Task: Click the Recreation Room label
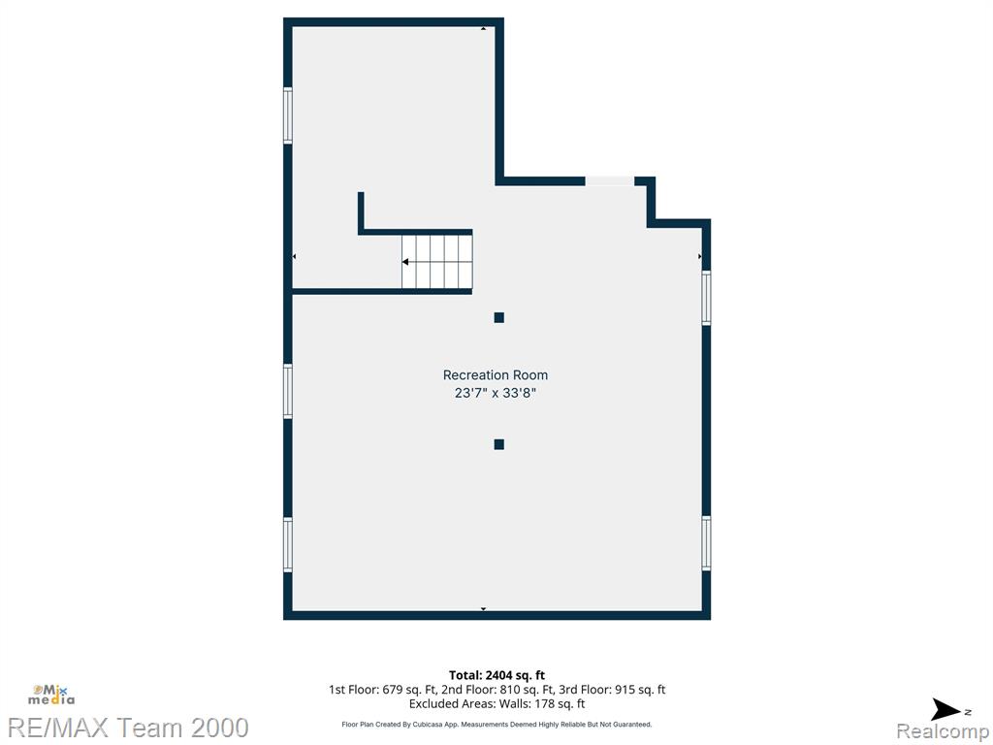click(x=496, y=375)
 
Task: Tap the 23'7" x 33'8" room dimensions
click(x=496, y=393)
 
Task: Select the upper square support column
click(x=499, y=317)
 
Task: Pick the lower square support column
click(x=499, y=444)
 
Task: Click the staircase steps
click(x=437, y=262)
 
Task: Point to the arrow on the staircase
click(x=405, y=262)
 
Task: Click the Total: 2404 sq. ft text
click(x=496, y=675)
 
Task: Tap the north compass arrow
click(x=946, y=709)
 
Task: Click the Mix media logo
click(x=50, y=695)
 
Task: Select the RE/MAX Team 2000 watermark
click(x=128, y=728)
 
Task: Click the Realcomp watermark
click(x=943, y=731)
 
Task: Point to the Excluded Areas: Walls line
click(x=496, y=704)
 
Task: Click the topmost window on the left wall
click(x=287, y=116)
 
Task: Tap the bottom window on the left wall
click(x=287, y=545)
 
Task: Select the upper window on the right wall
click(x=706, y=298)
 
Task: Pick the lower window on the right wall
click(x=706, y=543)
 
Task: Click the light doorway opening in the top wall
click(x=609, y=181)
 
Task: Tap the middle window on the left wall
click(x=287, y=391)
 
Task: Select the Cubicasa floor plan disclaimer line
click(x=496, y=724)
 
